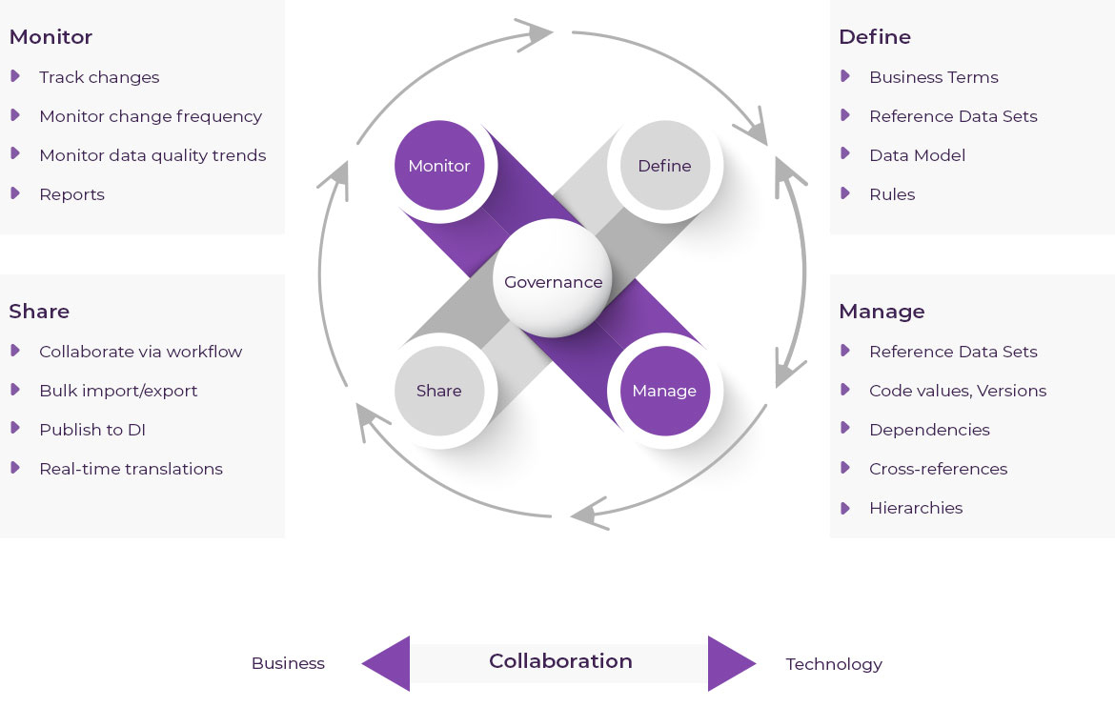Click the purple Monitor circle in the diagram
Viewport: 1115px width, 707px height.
click(x=439, y=166)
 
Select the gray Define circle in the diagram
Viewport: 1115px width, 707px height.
click(x=664, y=166)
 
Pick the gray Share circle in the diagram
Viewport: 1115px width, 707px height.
click(x=439, y=391)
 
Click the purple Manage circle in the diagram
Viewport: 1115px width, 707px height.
click(x=664, y=391)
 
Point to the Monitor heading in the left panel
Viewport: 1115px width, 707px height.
click(x=51, y=37)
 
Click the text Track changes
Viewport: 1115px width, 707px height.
click(x=99, y=77)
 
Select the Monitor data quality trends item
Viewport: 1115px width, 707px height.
click(x=152, y=155)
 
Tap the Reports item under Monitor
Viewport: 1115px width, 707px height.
click(x=71, y=194)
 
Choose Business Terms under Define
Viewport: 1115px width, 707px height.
click(x=933, y=77)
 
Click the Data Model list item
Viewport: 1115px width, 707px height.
click(x=917, y=155)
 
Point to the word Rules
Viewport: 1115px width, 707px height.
click(x=892, y=194)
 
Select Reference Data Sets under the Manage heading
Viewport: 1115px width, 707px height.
click(x=953, y=352)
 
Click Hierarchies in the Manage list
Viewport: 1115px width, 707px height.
click(x=916, y=508)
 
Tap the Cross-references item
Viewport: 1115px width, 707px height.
click(x=938, y=469)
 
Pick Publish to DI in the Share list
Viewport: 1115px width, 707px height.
click(x=92, y=430)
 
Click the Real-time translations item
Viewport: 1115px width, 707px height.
click(x=131, y=469)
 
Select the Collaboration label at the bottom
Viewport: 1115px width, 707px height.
click(x=560, y=661)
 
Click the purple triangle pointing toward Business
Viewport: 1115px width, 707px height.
click(x=389, y=663)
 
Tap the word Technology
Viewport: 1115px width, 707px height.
click(x=834, y=664)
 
